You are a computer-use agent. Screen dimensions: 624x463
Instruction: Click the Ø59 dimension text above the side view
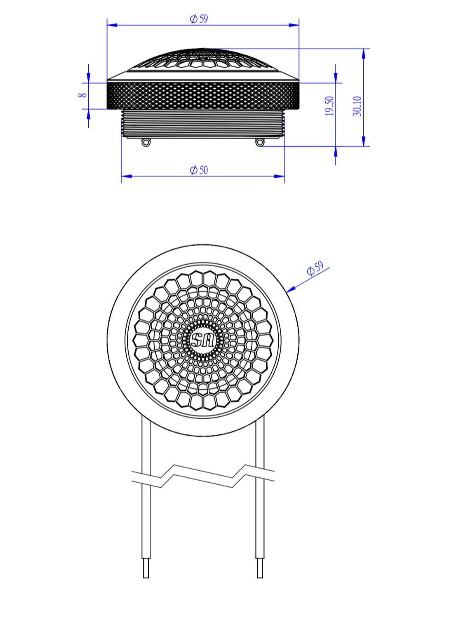199,19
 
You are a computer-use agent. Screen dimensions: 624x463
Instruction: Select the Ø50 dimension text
199,170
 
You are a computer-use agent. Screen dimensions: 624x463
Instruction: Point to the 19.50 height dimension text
329,106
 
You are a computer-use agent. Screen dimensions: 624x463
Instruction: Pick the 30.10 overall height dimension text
357,106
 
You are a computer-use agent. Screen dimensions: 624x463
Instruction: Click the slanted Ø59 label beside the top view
316,269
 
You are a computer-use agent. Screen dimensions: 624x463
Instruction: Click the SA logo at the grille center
203,341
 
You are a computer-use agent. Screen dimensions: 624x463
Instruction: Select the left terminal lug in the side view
146,142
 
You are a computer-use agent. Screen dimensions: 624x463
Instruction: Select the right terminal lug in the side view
260,142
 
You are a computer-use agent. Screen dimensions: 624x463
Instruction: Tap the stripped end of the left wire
146,568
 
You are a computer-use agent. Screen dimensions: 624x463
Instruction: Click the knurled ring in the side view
203,95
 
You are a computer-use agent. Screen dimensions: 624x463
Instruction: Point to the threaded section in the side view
203,123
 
